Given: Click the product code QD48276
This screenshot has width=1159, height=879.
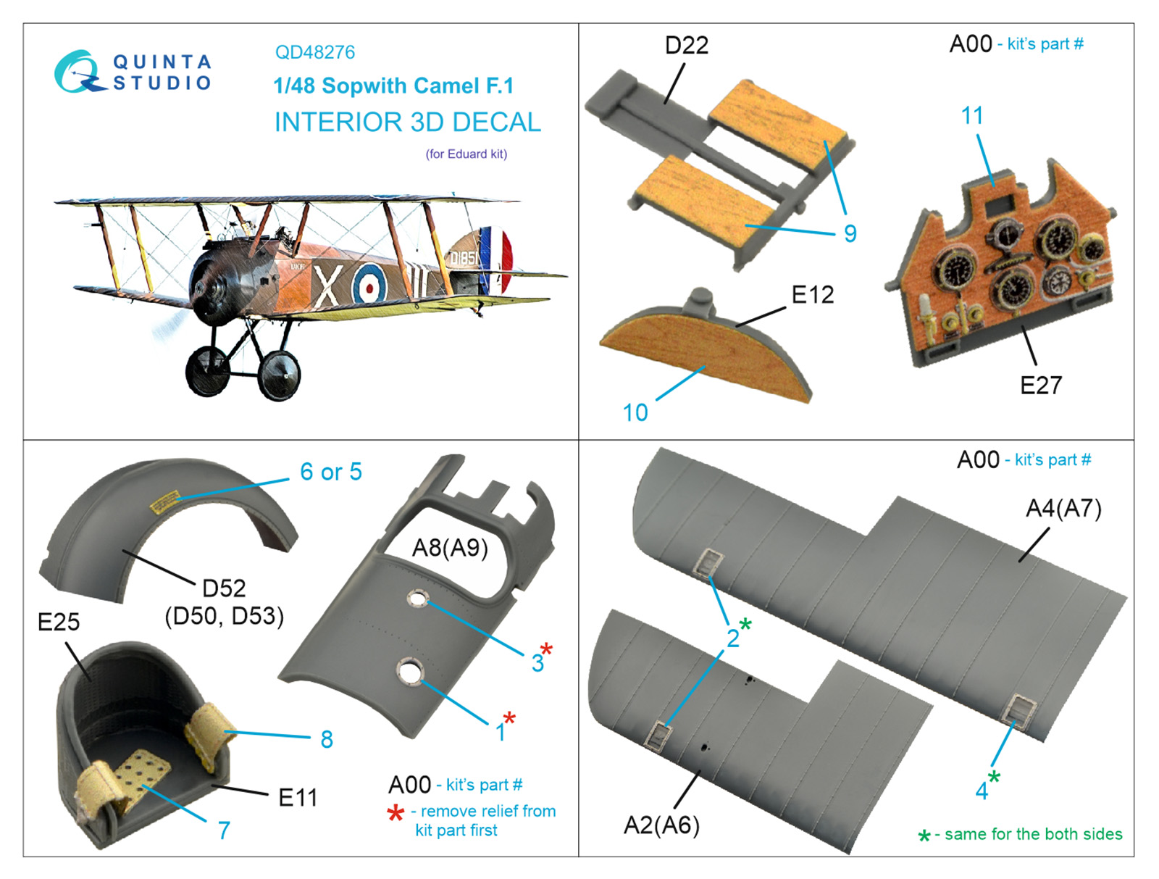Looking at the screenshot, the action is [x=314, y=52].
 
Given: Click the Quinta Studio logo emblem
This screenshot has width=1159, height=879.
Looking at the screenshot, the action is [x=78, y=72].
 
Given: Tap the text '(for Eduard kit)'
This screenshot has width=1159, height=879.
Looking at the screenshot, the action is [x=466, y=154].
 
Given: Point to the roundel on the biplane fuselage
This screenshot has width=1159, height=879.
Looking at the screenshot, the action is [x=370, y=283].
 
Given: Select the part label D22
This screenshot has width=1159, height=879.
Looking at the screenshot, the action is [x=687, y=46].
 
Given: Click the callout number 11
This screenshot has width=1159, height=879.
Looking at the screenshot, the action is [x=971, y=116].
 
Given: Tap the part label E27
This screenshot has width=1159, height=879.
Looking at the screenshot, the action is [x=1040, y=385].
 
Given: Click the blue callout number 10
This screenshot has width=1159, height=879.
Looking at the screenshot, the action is [x=635, y=412].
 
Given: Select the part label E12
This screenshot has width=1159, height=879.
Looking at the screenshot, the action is [x=813, y=294].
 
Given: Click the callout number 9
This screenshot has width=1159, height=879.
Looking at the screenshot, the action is [x=850, y=233].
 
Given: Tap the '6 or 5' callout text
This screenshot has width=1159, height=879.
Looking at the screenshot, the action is [x=330, y=472].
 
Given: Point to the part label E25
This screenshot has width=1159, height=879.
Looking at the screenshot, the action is [x=59, y=622].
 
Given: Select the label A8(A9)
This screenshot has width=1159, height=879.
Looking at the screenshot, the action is [x=449, y=548].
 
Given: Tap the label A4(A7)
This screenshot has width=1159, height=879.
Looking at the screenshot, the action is [x=1063, y=509].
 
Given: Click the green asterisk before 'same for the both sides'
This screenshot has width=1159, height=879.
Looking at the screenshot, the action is [x=924, y=836].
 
